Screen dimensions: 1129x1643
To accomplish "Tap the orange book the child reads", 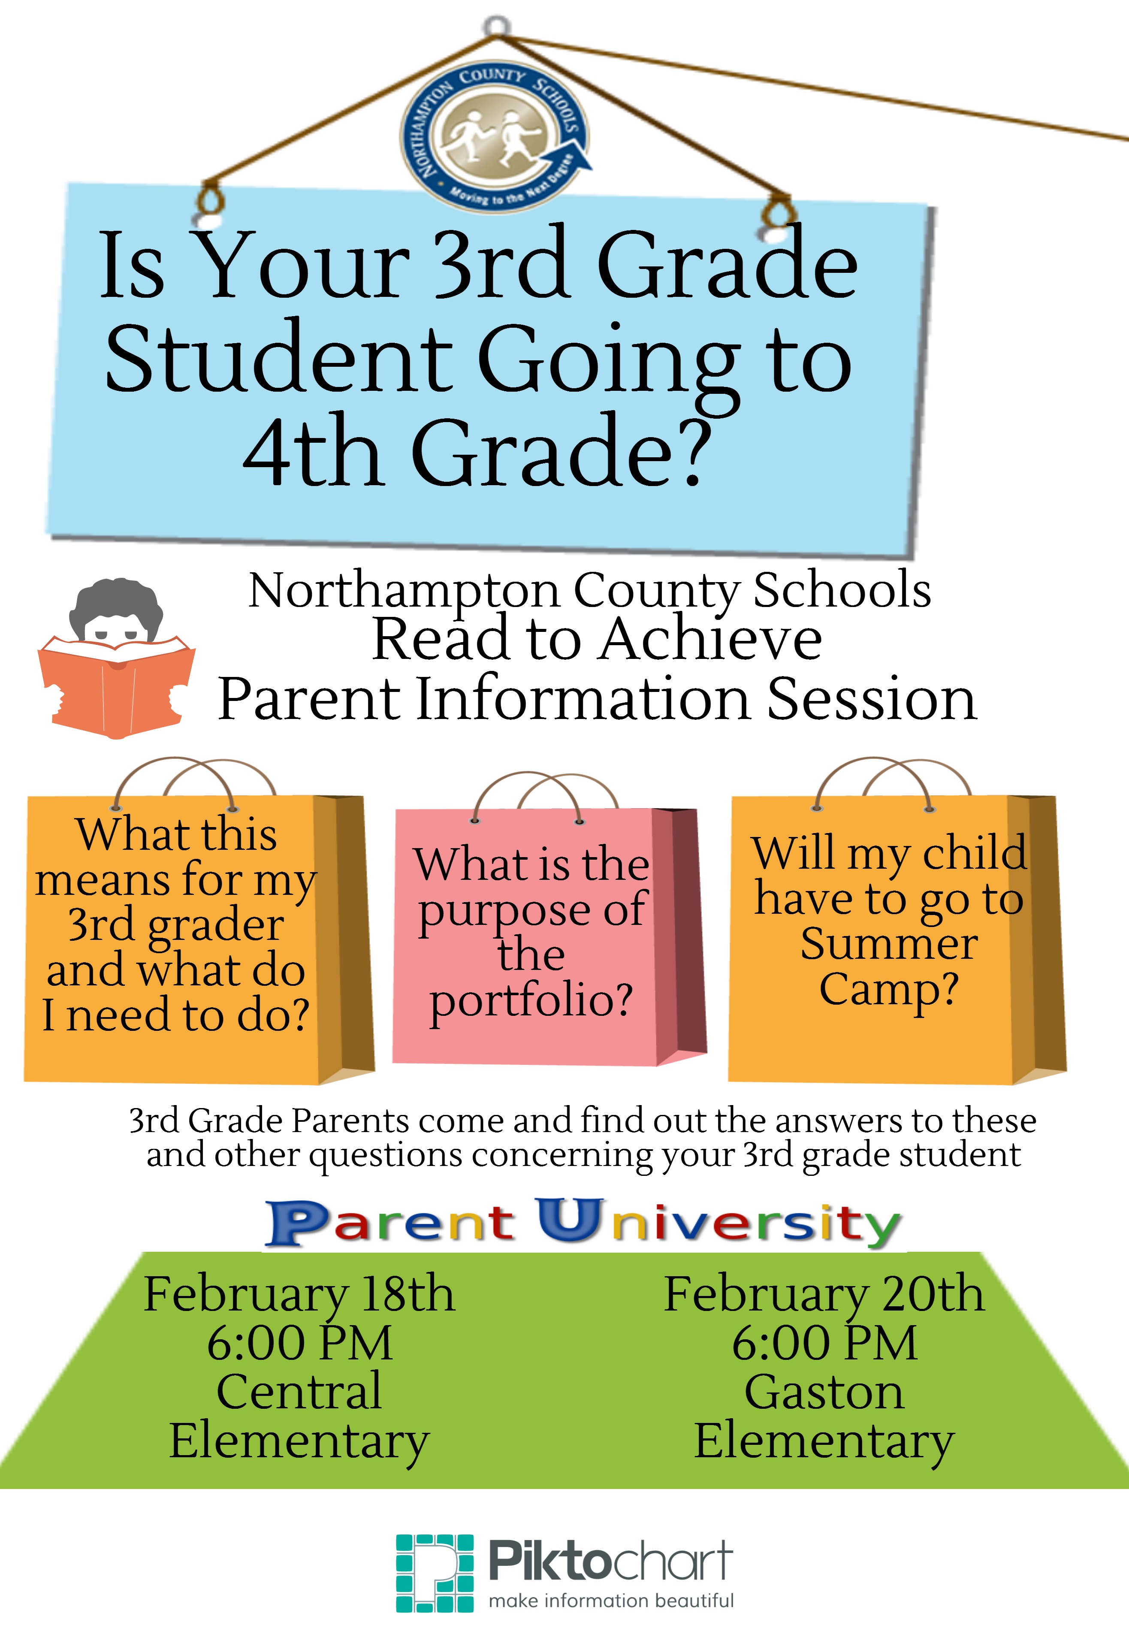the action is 116,686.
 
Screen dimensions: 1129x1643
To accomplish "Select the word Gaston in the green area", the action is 824,1392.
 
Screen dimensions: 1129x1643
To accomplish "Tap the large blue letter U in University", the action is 570,1219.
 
